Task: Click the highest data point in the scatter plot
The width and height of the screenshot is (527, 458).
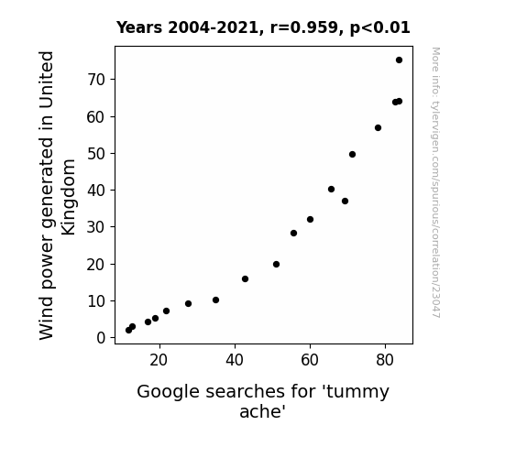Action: point(399,60)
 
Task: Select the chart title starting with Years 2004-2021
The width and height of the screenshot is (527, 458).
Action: point(263,27)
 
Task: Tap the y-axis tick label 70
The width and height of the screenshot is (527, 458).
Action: point(96,80)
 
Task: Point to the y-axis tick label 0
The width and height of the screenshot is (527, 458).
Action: point(101,338)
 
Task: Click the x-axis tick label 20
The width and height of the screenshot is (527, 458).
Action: point(159,360)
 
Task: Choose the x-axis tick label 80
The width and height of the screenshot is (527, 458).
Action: point(385,360)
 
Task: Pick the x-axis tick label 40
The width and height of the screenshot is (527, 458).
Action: point(235,360)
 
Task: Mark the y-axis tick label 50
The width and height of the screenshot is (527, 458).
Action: point(96,154)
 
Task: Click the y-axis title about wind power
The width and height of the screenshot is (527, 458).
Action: point(57,195)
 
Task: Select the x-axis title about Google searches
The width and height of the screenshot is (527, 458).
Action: point(263,401)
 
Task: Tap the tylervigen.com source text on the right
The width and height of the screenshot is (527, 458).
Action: point(435,182)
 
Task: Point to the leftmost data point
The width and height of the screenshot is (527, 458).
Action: point(128,331)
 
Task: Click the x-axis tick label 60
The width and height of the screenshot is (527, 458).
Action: point(310,360)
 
